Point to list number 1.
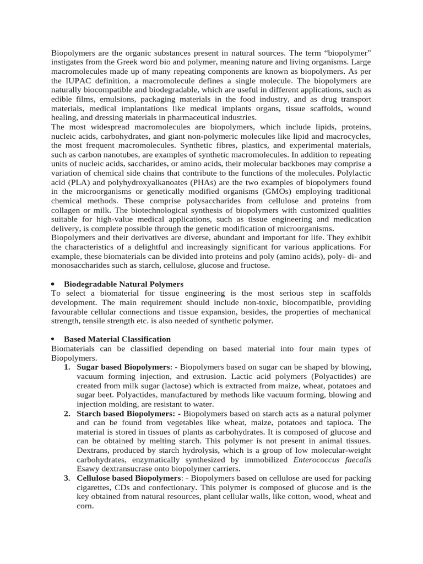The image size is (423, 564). (x=66, y=367)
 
